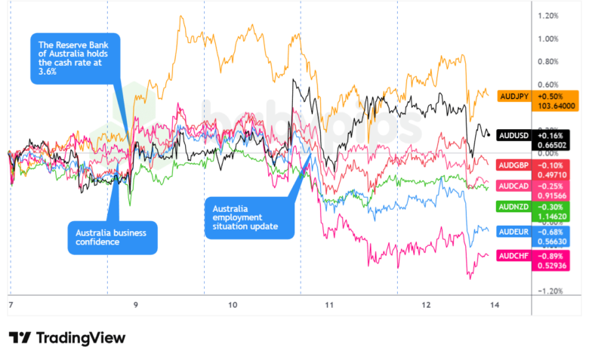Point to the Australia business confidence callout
pos(111,237)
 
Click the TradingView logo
pos(67,337)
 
